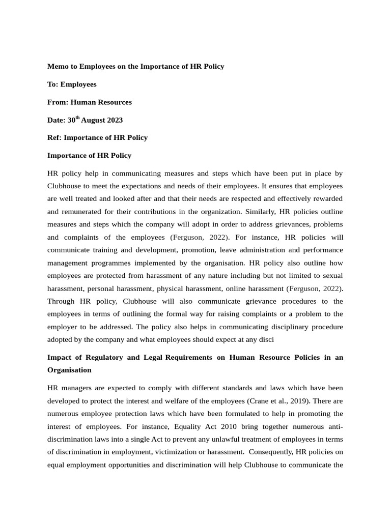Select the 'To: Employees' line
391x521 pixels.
[x=72, y=84]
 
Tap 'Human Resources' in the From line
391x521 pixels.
[x=101, y=102]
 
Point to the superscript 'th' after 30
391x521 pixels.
[x=78, y=118]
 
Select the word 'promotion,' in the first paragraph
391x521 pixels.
[x=222, y=250]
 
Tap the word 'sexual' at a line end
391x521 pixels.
[x=332, y=276]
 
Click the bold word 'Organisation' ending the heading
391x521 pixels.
[x=69, y=370]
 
